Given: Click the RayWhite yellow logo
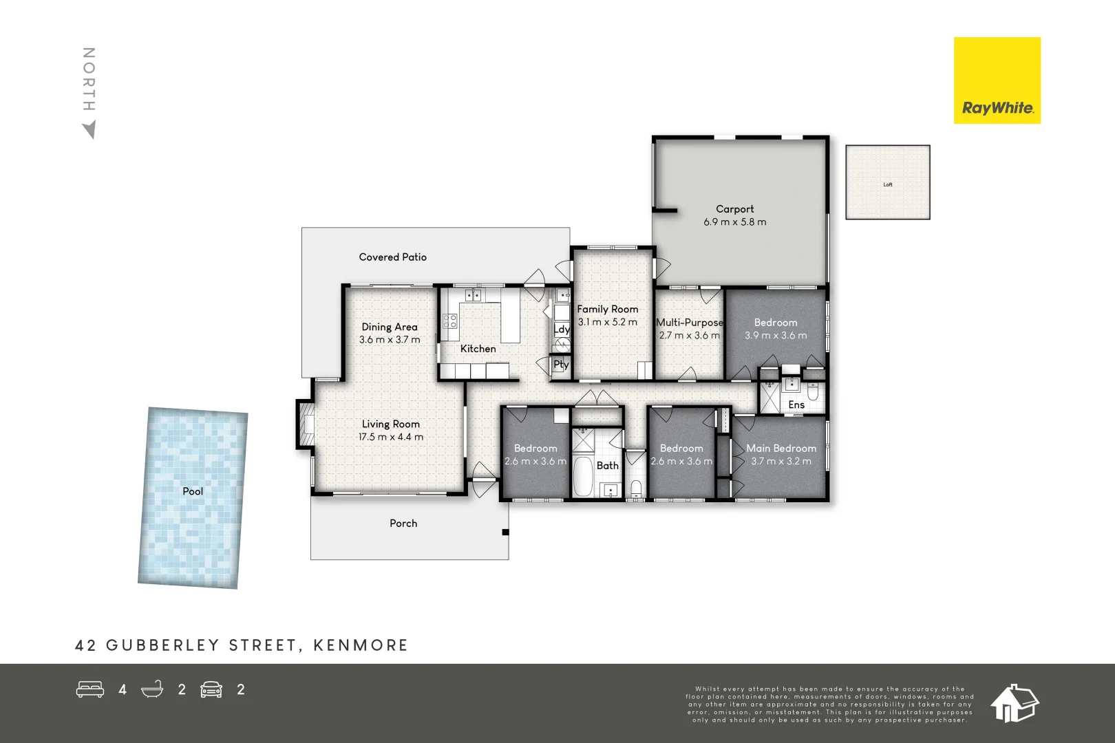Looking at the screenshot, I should tap(997, 80).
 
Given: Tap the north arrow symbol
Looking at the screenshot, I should tap(89, 129).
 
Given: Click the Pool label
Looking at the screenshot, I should tap(193, 491).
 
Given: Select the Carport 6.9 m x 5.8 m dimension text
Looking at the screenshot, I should tap(734, 222).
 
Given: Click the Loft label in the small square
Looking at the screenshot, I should tap(888, 184).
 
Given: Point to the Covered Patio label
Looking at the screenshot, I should tap(392, 257).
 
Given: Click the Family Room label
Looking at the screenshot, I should tap(607, 310).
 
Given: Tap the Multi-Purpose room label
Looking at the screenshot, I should tap(689, 323).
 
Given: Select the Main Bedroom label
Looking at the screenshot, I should tap(781, 449).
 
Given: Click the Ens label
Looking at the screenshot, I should tap(796, 405).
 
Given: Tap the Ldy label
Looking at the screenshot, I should tap(562, 330).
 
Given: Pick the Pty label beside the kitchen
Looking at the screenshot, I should tap(561, 365).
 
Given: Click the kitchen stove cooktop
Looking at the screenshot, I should tap(449, 321).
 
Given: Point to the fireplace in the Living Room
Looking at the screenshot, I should tap(306, 424).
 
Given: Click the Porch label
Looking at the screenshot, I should tap(403, 524).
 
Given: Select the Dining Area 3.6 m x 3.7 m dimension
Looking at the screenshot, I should tap(390, 340).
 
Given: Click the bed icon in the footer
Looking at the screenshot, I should tap(89, 689).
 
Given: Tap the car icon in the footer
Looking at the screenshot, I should tap(211, 689).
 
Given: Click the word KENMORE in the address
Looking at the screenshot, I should tap(361, 645).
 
